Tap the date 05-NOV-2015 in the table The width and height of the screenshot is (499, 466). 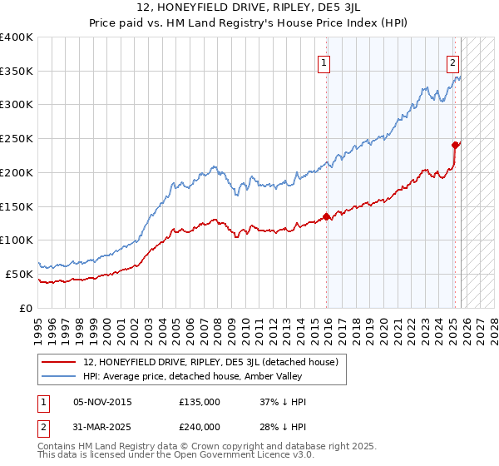pos(102,402)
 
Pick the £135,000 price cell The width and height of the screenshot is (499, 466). pos(200,402)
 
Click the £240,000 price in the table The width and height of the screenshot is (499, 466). pos(200,426)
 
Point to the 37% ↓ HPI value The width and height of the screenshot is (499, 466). pos(283,402)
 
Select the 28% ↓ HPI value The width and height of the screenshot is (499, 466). pos(283,426)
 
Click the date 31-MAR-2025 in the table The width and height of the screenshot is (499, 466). pos(102,426)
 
